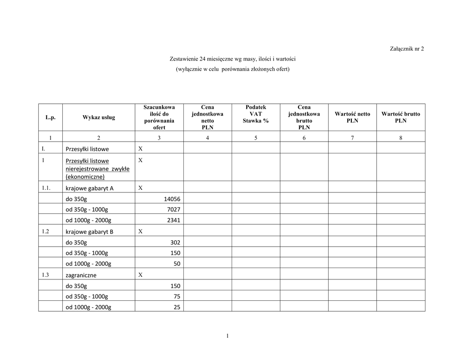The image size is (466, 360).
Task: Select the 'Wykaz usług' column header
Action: tap(99, 117)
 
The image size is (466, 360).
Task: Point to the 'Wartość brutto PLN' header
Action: tap(400, 117)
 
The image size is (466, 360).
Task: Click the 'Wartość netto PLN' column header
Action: tap(352, 117)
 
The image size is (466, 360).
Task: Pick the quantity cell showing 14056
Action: tap(172, 199)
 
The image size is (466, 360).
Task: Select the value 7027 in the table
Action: tap(174, 209)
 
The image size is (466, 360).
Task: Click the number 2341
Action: tap(174, 220)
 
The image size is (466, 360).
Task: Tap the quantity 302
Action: tap(175, 243)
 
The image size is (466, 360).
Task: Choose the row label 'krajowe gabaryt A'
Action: tap(90, 188)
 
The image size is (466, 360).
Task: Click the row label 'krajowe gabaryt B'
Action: tap(90, 232)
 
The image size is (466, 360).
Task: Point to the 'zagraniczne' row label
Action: tap(81, 275)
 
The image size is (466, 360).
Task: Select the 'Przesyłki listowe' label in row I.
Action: tap(87, 149)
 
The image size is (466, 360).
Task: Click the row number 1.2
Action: tap(46, 231)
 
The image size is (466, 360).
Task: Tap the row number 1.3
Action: tap(46, 275)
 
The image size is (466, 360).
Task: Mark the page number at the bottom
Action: tap(227, 336)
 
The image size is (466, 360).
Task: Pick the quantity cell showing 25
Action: tap(177, 307)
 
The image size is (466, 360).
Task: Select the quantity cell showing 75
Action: tap(177, 296)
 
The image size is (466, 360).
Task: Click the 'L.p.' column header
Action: tap(50, 117)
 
